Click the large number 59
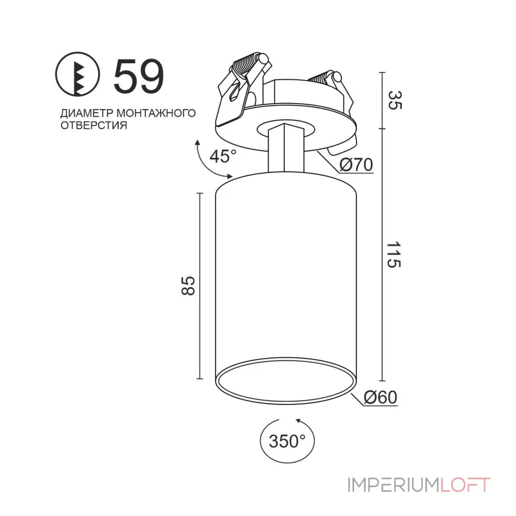click(139, 76)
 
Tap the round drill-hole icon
click(77, 74)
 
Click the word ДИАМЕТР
click(87, 114)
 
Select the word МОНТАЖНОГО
click(156, 113)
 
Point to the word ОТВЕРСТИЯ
click(94, 125)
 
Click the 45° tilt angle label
click(223, 156)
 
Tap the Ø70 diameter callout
click(356, 164)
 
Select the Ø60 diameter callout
click(381, 397)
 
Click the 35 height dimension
click(395, 101)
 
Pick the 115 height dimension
click(394, 255)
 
